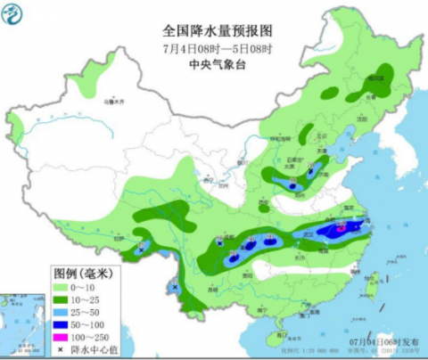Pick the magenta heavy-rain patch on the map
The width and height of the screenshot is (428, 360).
(x=342, y=228)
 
